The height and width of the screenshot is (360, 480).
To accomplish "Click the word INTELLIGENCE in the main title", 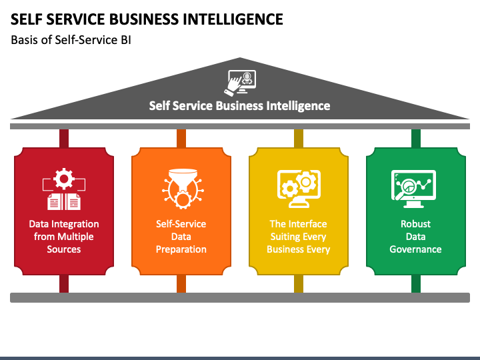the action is [233, 19].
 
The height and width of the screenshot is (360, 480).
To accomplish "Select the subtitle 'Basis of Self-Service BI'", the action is [71, 40].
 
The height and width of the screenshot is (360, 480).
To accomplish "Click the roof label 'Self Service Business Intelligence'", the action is [240, 105].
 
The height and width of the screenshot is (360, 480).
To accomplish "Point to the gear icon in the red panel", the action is [64, 179].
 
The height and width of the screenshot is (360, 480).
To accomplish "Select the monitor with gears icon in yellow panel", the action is [299, 189].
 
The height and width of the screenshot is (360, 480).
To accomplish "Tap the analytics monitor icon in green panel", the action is [413, 189].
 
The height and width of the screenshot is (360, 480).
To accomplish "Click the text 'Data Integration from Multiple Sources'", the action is [64, 237].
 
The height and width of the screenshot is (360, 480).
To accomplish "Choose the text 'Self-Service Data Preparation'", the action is [181, 237].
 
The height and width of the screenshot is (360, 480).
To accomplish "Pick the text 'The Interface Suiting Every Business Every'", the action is [299, 237].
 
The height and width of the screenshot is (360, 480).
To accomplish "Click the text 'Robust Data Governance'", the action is [415, 237].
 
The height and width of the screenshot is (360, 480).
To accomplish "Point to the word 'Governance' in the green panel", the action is [415, 249].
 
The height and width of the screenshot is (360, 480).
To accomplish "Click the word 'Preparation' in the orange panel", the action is [181, 249].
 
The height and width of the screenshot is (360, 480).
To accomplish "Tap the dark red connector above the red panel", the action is [64, 139].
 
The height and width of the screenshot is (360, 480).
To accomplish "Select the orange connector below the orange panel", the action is [181, 284].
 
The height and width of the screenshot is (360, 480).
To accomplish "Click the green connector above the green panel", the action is [416, 139].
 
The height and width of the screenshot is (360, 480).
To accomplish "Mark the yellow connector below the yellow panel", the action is [299, 284].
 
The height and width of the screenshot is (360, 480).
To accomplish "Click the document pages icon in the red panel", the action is [64, 202].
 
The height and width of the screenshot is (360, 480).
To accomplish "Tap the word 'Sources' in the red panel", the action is [64, 249].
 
